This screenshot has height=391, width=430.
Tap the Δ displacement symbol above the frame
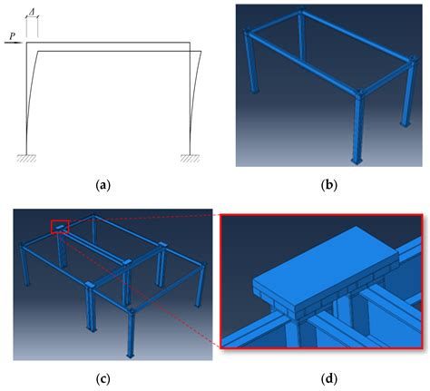[33, 9]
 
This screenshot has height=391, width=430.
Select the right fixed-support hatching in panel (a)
[190, 157]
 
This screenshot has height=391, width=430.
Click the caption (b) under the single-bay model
[328, 185]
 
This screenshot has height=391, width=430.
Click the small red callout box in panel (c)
[60, 227]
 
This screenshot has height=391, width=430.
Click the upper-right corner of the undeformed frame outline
[190, 44]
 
